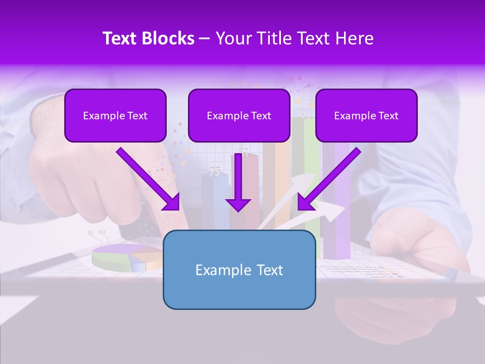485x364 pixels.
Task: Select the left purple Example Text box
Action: coord(115,116)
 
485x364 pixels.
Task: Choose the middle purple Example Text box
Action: coord(239,116)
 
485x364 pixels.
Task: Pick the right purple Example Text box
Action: coord(366,116)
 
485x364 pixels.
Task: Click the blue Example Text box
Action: coord(239,269)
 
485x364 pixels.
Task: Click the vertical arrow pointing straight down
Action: coord(238,182)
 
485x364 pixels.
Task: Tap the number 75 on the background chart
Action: coord(215,172)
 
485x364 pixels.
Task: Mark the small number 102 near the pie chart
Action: coord(102,232)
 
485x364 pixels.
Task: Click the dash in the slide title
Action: coord(205,39)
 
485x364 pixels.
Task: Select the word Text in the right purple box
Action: coord(388,116)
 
